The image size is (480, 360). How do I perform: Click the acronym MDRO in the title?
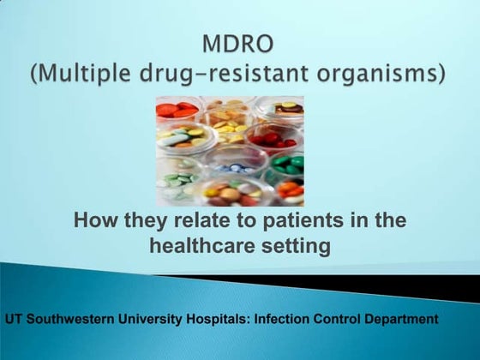click(238, 40)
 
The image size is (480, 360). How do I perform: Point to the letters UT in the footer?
click(15, 319)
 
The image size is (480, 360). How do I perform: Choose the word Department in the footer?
click(403, 319)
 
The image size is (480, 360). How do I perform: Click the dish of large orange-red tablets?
click(178, 109)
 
